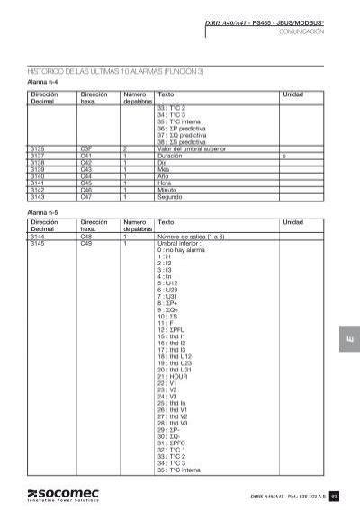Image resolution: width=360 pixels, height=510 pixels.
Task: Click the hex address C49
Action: click(86, 242)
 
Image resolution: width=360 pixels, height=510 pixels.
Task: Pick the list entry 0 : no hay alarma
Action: click(182, 255)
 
